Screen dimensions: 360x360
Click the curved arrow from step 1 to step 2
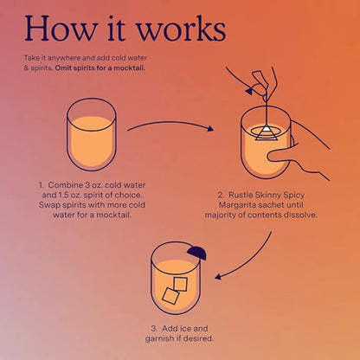tap(170, 124)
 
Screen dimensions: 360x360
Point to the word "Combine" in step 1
tap(67, 184)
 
